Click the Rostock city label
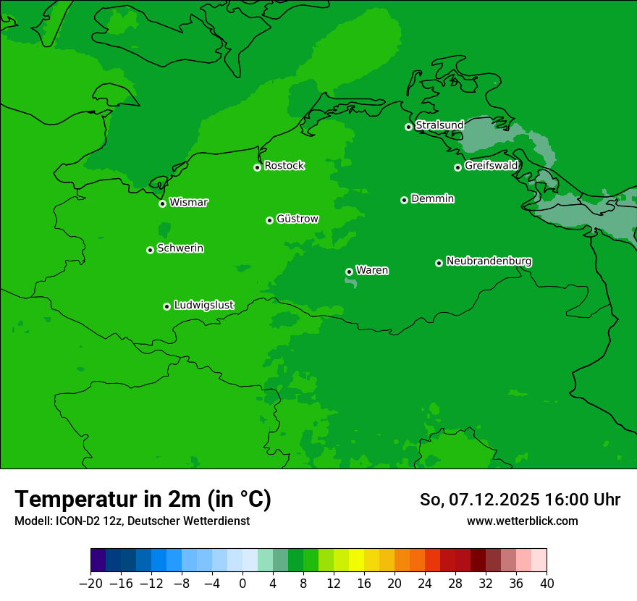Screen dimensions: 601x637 (x=284, y=166)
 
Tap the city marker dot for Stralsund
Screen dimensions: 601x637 (x=408, y=127)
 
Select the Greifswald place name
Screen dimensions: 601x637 (x=491, y=166)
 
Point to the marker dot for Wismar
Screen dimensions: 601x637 (x=163, y=203)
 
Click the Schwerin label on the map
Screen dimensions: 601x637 (x=180, y=248)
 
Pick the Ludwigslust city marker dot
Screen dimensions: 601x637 (x=166, y=306)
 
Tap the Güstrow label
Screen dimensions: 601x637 (x=297, y=219)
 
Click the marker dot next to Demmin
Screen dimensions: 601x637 (x=404, y=200)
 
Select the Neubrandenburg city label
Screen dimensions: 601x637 (x=489, y=261)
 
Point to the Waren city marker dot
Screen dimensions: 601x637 (x=349, y=272)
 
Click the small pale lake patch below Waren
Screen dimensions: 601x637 (x=351, y=282)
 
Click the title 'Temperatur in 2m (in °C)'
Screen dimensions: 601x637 (x=143, y=500)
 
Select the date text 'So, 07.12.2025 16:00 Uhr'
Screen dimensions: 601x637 (x=520, y=500)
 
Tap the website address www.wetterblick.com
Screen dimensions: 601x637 (x=522, y=521)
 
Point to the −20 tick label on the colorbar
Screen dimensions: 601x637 (x=90, y=583)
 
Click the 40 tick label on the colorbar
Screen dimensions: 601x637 (x=547, y=583)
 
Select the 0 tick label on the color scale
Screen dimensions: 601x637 (x=242, y=583)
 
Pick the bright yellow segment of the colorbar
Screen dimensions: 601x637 (x=356, y=560)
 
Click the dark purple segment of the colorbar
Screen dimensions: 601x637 (x=98, y=560)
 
